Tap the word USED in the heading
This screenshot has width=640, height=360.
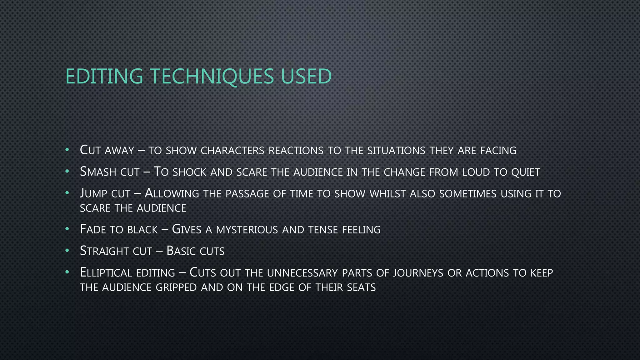(306, 77)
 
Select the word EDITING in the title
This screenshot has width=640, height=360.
(104, 77)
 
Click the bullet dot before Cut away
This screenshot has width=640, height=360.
(67, 150)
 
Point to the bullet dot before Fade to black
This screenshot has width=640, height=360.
(67, 229)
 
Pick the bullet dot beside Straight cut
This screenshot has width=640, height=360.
(67, 251)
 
